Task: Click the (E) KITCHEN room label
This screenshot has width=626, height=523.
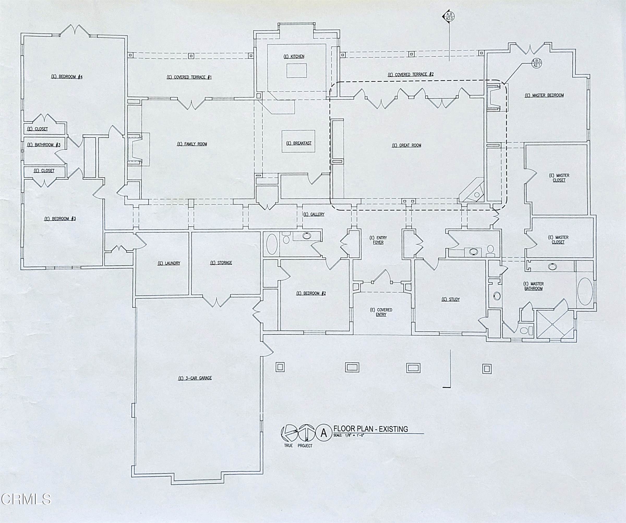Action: tap(294, 57)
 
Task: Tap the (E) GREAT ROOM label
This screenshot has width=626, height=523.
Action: tap(406, 145)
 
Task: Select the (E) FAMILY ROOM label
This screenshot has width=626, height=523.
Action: tap(192, 144)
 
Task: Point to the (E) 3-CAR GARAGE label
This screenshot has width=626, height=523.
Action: tap(195, 378)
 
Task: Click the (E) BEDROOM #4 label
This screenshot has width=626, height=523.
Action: tap(67, 77)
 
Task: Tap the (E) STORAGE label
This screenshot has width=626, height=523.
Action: tap(221, 263)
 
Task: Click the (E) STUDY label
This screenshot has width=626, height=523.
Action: tap(450, 300)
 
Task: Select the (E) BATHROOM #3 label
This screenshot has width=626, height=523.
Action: tap(44, 145)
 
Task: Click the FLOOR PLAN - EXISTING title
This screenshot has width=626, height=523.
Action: tap(371, 429)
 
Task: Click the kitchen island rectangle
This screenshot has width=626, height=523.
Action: tap(297, 71)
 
